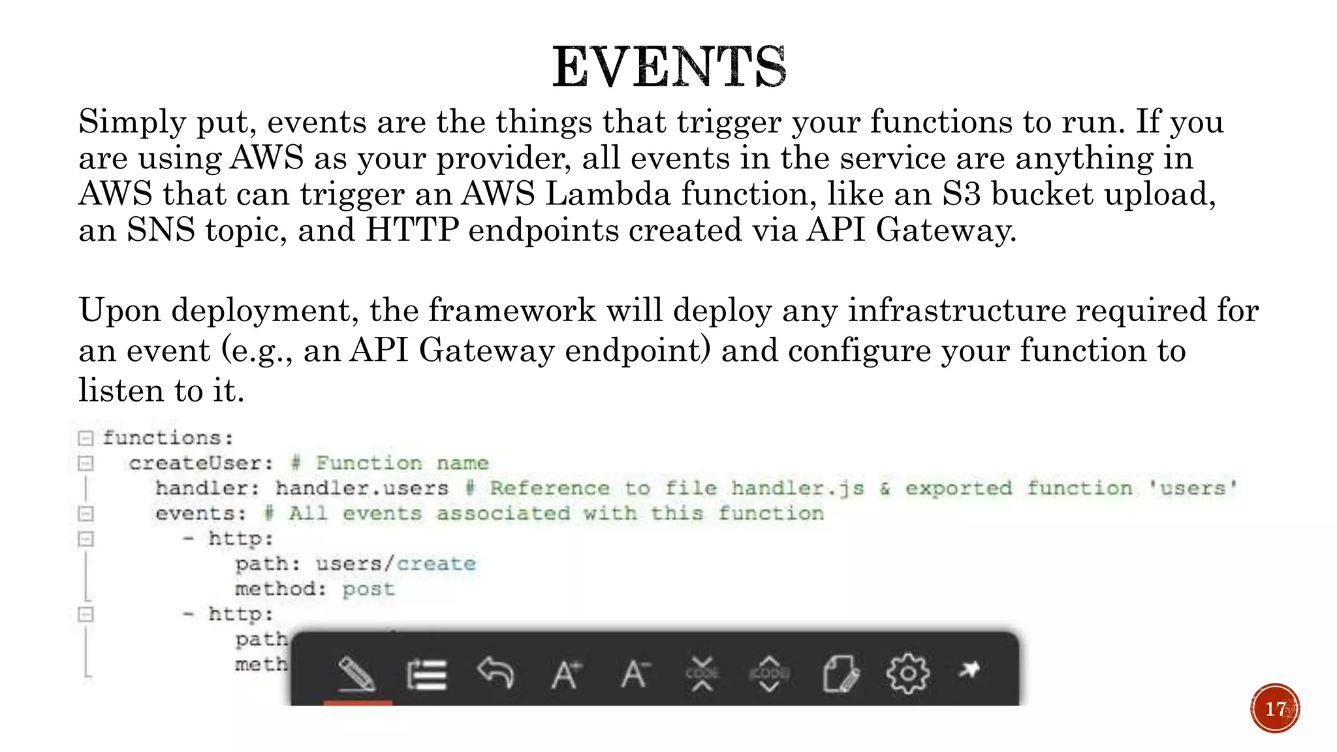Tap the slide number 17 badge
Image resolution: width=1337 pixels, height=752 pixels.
tap(1275, 708)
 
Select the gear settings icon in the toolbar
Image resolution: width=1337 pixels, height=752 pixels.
tap(907, 672)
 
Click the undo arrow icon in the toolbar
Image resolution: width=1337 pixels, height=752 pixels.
tap(495, 672)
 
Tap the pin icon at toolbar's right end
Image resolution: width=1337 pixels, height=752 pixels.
tap(969, 670)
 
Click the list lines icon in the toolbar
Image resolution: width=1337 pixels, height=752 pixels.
tap(426, 674)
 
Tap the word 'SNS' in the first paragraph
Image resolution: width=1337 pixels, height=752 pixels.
tap(161, 230)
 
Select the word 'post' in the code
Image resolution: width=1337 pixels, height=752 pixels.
tap(368, 589)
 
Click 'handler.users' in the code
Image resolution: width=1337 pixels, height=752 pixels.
tap(362, 488)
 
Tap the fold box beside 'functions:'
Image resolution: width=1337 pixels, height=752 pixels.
tap(86, 438)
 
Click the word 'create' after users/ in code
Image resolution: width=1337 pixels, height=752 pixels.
tap(436, 564)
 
